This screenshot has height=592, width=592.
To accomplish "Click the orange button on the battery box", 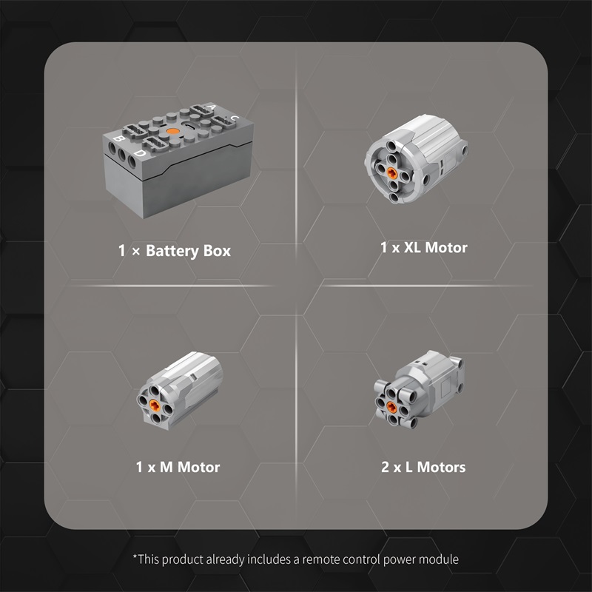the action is [x=172, y=132].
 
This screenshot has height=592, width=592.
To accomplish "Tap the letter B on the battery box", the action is [x=120, y=138].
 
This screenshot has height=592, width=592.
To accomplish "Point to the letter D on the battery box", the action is [x=140, y=153].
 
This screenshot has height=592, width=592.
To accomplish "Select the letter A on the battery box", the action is [x=212, y=107].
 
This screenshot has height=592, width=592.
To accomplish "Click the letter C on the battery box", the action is [x=235, y=118].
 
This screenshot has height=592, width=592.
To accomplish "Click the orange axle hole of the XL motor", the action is [x=391, y=173].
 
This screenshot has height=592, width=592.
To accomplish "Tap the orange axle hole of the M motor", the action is [x=154, y=405].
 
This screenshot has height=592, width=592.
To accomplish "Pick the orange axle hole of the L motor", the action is [x=391, y=406].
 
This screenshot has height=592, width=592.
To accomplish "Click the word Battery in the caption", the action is [x=172, y=251].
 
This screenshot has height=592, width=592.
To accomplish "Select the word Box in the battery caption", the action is [x=217, y=251].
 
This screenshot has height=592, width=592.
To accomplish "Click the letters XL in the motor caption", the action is [x=413, y=248].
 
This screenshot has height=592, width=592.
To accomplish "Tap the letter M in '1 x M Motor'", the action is [x=166, y=467].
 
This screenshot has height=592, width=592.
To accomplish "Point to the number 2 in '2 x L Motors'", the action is [x=385, y=467].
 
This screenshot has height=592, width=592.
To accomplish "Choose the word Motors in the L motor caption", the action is [x=441, y=467].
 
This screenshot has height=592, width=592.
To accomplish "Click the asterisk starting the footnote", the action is [x=135, y=556].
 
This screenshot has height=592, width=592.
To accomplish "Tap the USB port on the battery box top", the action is [x=189, y=127].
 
